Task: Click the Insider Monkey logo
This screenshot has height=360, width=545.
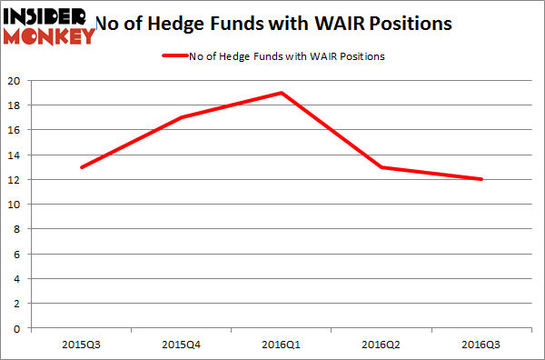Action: point(50,25)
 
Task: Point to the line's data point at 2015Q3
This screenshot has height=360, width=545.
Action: point(83,167)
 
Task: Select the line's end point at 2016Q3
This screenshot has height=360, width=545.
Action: point(481,179)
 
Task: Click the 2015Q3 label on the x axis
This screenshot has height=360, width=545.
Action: point(83,345)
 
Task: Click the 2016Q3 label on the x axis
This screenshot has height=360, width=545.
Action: point(481,345)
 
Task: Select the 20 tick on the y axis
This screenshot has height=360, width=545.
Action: point(15,80)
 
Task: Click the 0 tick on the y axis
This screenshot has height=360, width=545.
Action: point(18,328)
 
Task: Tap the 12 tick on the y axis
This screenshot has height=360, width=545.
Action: point(15,179)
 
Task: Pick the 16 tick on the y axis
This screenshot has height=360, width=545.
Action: point(15,130)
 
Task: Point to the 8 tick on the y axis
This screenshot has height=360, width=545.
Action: point(18,229)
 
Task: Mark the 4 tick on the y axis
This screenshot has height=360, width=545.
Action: point(18,279)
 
